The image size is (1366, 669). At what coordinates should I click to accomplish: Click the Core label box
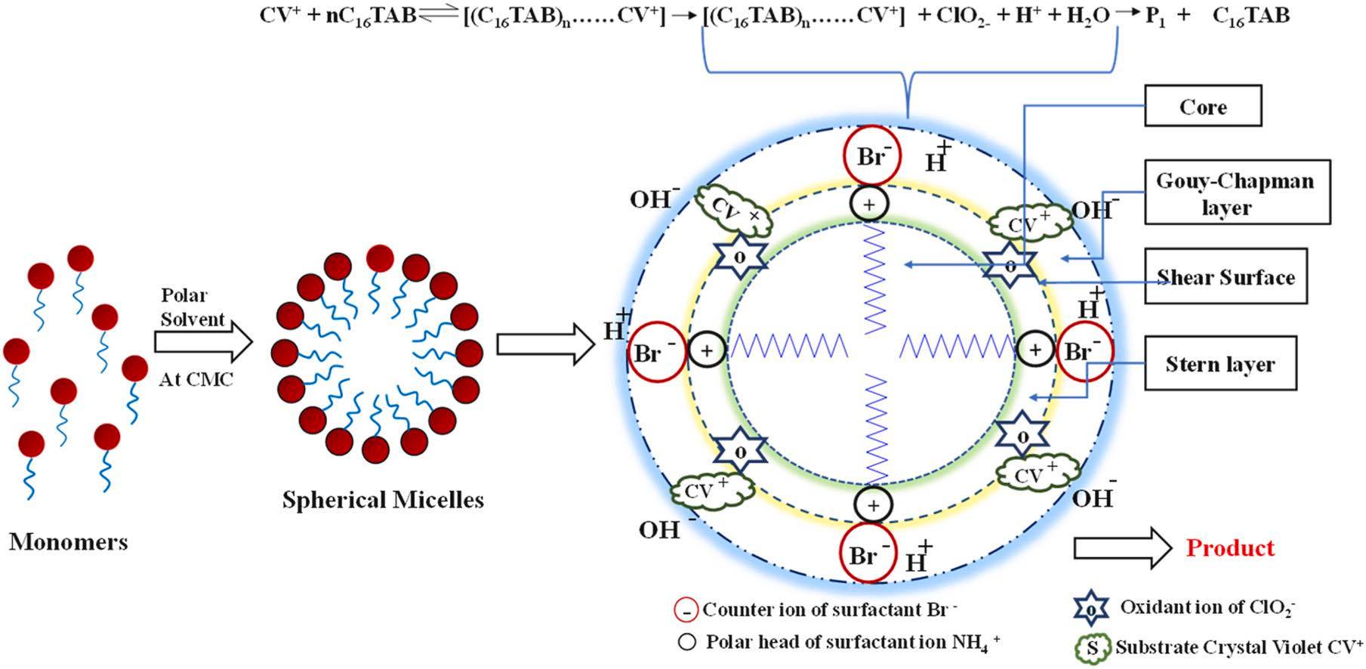coord(1203,106)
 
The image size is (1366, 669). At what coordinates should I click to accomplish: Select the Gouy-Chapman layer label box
coord(1237,193)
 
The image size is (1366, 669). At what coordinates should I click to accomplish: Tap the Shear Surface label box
coord(1226,277)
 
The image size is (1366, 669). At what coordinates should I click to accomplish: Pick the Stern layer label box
coord(1220,364)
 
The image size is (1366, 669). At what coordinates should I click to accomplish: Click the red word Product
coord(1230,547)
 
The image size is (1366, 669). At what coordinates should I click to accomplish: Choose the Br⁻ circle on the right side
coord(1084,351)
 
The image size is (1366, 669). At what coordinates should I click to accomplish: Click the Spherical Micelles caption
coord(383,500)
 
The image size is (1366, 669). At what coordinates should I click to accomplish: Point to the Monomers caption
coord(69,541)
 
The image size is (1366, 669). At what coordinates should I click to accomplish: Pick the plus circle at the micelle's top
coord(869,204)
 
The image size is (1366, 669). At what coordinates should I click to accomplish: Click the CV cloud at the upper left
coord(733,211)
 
